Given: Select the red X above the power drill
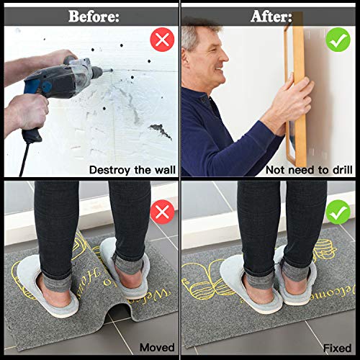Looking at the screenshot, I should click(163, 40).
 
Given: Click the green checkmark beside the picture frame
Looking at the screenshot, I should click(338, 40).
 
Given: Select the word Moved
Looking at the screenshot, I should click(156, 348).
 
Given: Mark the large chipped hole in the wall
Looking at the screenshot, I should click(160, 131).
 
